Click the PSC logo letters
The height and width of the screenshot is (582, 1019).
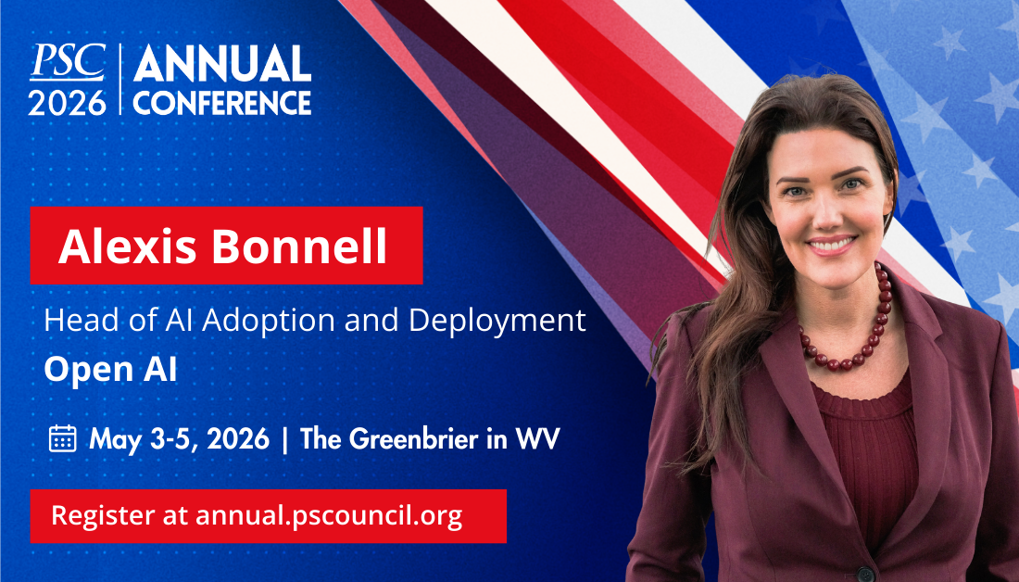point(68,62)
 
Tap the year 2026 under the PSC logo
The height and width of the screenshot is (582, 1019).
point(67,103)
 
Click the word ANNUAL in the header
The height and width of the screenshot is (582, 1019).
point(222,64)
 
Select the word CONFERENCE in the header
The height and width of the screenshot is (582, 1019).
point(222,103)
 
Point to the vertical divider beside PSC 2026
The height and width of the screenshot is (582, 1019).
point(120,79)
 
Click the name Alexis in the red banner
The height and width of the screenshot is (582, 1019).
point(128,247)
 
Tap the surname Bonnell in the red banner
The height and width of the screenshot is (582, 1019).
point(299,247)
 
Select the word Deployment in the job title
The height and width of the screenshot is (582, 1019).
point(497,322)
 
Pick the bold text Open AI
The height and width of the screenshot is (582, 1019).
point(110,370)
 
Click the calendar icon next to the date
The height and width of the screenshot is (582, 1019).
point(62,438)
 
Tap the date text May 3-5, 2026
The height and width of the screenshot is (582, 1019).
point(179,439)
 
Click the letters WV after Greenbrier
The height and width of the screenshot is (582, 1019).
point(537,439)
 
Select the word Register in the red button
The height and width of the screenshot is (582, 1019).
point(103,516)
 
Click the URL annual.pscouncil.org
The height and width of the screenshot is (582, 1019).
point(329,516)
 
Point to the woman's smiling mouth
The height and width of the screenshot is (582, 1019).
point(831,246)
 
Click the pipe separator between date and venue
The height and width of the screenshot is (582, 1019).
point(284,439)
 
